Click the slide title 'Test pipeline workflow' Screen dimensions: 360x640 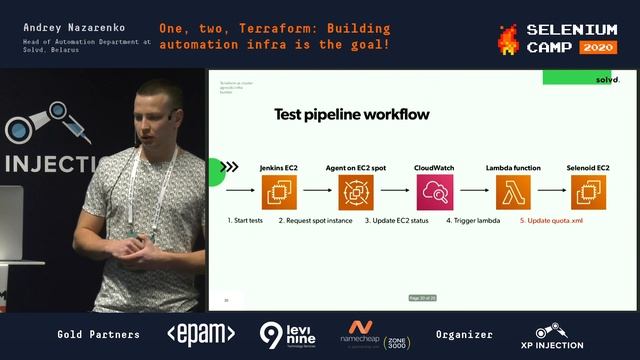pos(352,115)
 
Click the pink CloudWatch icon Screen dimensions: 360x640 pos(434,190)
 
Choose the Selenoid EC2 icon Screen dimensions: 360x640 pos(588,190)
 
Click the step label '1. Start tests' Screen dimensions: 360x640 pos(245,220)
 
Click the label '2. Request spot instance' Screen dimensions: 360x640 pos(315,220)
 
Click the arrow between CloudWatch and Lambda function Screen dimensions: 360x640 pos(473,190)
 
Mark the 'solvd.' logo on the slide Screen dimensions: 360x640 pos(607,79)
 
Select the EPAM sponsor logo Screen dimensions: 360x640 pos(200,334)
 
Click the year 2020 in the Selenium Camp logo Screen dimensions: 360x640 pos(598,47)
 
